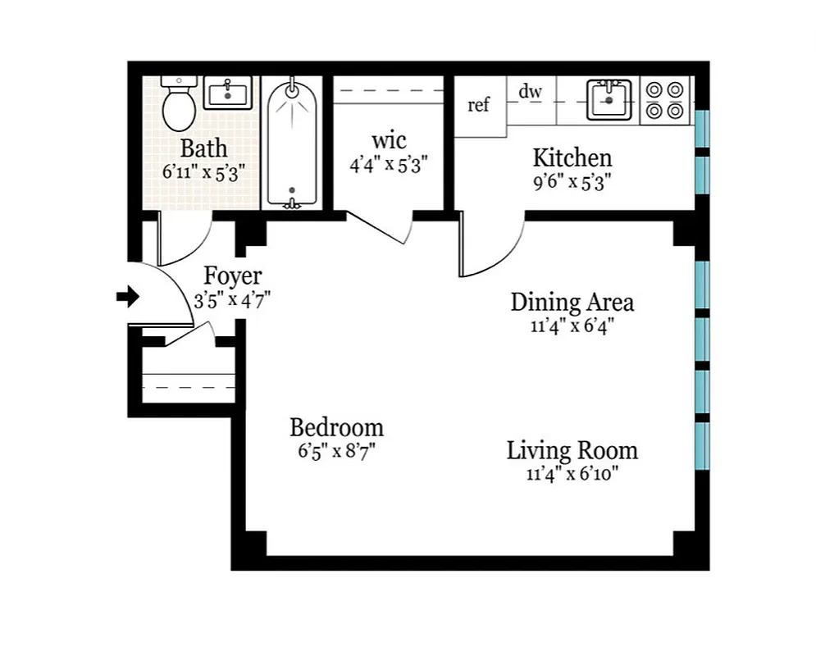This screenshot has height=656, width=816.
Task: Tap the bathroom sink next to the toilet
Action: pyautogui.click(x=228, y=93)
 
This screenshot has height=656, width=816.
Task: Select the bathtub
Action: pyautogui.click(x=291, y=143)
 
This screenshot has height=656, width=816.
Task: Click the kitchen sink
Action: pyautogui.click(x=609, y=99)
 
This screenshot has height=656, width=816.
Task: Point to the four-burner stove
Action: pyautogui.click(x=664, y=99)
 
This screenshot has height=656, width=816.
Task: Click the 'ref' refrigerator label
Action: pyautogui.click(x=478, y=105)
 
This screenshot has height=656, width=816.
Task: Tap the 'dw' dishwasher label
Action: pyautogui.click(x=530, y=91)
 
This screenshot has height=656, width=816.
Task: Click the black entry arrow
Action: pyautogui.click(x=127, y=297)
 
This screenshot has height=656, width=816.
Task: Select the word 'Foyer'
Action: pyautogui.click(x=232, y=276)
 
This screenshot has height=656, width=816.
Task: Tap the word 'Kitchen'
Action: pyautogui.click(x=572, y=157)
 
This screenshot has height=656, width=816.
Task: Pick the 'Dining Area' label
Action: pyautogui.click(x=572, y=302)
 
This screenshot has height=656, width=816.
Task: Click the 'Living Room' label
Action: pyautogui.click(x=572, y=450)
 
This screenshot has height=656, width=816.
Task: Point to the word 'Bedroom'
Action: pyautogui.click(x=336, y=427)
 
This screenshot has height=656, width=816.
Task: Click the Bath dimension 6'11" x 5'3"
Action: pyautogui.click(x=204, y=172)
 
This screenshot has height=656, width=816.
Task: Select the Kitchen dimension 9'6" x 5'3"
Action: pyautogui.click(x=572, y=182)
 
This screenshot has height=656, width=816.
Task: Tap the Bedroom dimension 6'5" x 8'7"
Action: pyautogui.click(x=336, y=451)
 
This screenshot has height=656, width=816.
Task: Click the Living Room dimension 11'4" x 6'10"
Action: pyautogui.click(x=572, y=474)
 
